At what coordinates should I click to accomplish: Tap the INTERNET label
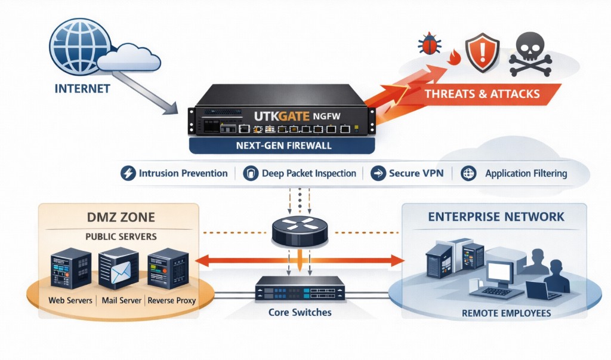[82, 89]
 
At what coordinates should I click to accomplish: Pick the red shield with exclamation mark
[481, 52]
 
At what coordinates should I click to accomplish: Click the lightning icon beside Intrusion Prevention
[128, 174]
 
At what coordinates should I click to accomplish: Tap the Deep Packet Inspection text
[308, 174]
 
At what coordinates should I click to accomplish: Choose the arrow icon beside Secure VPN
[378, 174]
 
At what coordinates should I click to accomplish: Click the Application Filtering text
[526, 174]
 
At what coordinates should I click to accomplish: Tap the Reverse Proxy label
[172, 300]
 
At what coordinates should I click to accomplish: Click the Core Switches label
[300, 312]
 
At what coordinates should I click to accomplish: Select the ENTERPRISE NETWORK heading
[496, 217]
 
